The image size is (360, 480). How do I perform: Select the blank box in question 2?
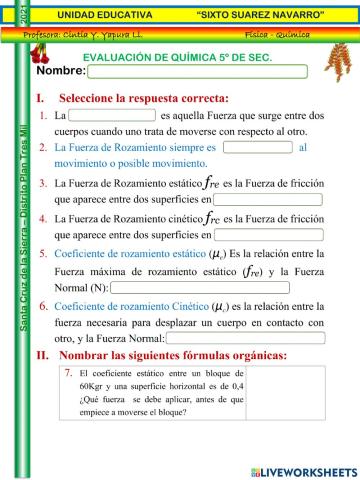[257, 147]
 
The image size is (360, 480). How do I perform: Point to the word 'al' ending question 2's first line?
[303, 147]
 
